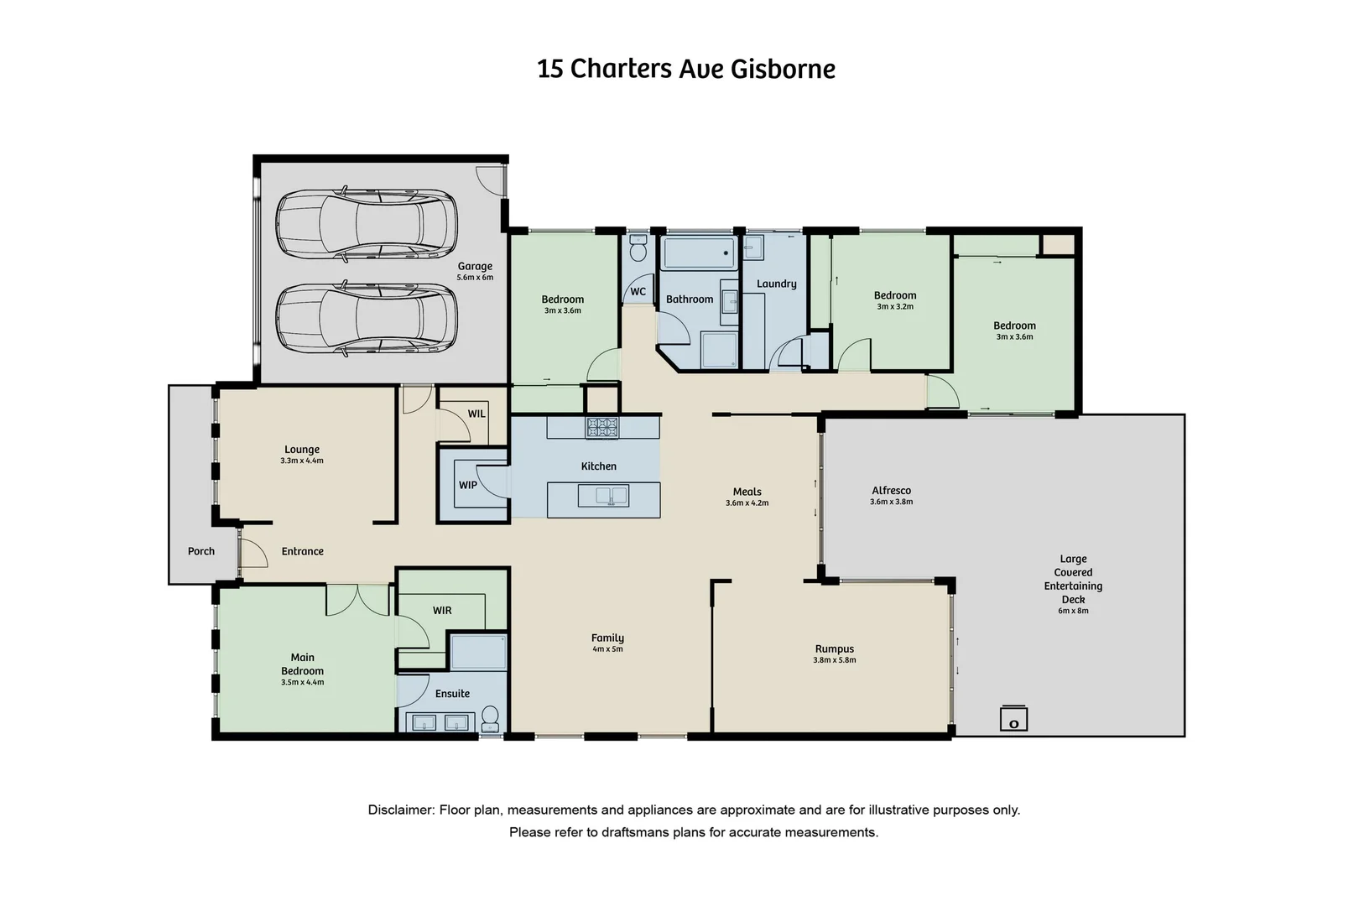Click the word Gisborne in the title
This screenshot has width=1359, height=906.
(783, 69)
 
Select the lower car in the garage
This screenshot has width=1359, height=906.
(367, 319)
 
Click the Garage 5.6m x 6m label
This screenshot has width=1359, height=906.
(475, 271)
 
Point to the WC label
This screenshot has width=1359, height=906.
(638, 292)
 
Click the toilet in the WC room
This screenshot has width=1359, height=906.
(638, 250)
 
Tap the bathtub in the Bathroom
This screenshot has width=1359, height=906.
(699, 253)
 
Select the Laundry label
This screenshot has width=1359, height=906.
(776, 284)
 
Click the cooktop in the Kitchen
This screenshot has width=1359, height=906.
(601, 427)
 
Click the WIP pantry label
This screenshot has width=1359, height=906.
(468, 485)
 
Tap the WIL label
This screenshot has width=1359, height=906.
(476, 414)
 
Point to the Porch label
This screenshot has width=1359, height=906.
(201, 551)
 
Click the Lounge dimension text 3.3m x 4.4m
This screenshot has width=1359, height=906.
(302, 461)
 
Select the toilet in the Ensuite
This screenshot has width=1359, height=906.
(490, 718)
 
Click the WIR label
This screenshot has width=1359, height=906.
(442, 610)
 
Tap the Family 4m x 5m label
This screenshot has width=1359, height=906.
(607, 643)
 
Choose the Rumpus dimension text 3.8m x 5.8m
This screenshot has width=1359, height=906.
(835, 660)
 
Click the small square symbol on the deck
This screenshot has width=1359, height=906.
(1013, 720)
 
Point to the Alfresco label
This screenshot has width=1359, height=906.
(891, 491)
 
